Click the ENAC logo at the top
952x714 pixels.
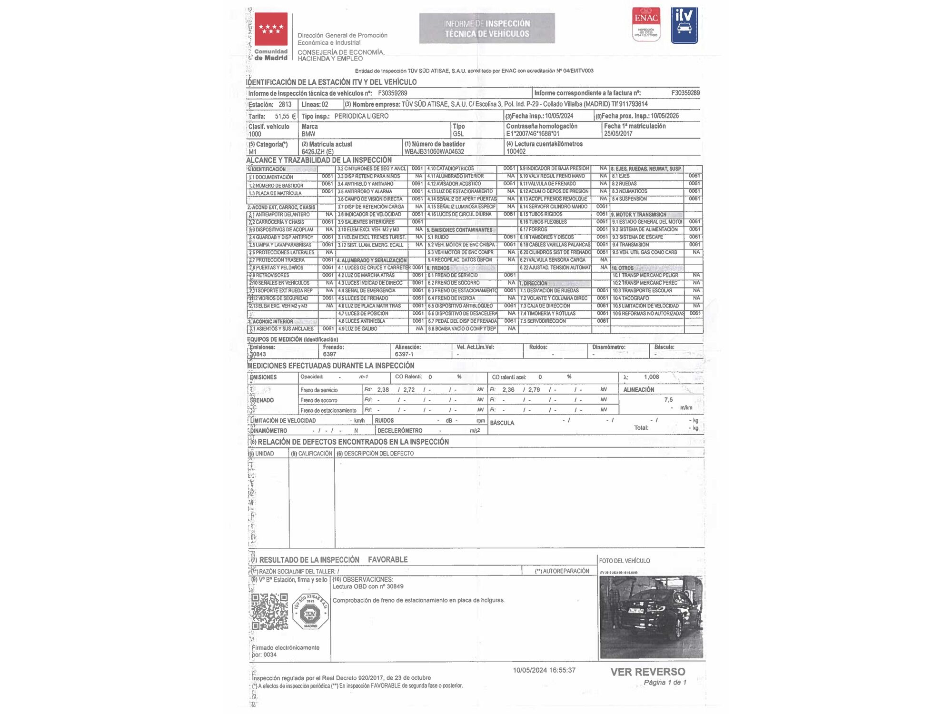[646, 24]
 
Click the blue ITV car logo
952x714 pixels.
[684, 25]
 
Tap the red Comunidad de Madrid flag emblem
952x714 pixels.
[271, 29]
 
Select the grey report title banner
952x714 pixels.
[486, 29]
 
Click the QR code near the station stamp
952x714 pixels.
[269, 611]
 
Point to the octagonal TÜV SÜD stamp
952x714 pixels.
[310, 612]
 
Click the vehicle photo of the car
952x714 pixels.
[651, 617]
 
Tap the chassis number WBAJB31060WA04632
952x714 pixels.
[434, 152]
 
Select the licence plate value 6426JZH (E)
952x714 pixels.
[317, 152]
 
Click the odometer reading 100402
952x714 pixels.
[516, 151]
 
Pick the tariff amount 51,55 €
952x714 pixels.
[285, 116]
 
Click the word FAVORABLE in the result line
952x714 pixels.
[387, 560]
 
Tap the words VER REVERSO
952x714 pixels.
[648, 672]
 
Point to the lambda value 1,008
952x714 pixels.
[651, 377]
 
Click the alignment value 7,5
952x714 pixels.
[668, 400]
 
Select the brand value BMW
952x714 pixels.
[308, 134]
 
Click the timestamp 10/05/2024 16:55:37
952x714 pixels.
[544, 670]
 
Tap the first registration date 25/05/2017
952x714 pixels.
[618, 134]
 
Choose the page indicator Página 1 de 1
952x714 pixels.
[665, 683]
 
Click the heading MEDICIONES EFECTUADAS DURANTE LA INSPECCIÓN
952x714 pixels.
[331, 366]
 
